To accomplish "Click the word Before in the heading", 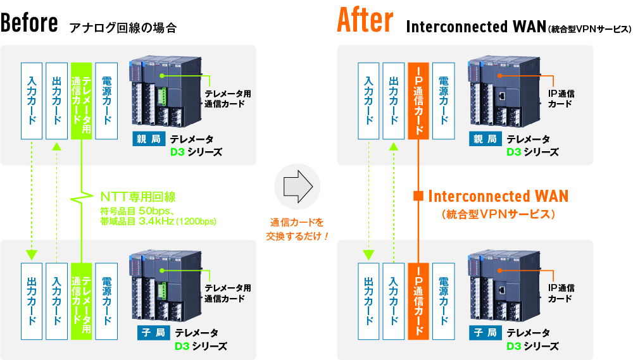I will tap(30, 23).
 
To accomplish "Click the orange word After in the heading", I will tap(365, 21).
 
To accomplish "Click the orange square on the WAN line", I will tap(418, 196).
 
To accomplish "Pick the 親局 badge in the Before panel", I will tap(146, 139).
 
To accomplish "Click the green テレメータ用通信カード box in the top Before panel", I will tap(82, 100).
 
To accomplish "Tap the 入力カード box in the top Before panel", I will tap(32, 100).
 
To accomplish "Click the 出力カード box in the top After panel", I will tap(393, 100).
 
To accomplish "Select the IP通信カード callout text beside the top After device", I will tap(560, 98).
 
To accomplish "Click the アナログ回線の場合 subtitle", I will tap(123, 27).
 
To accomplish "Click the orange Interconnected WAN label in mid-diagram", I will tap(498, 196).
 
